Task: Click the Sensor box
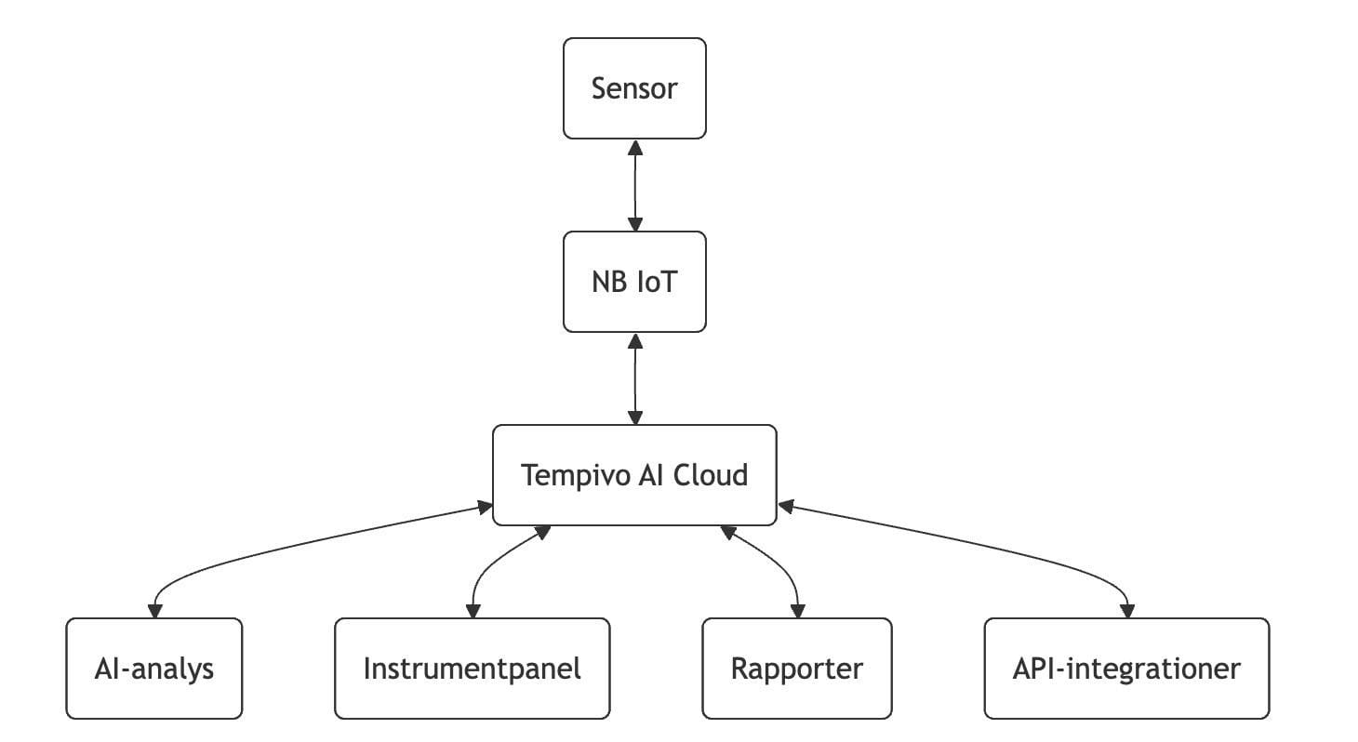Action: point(634,88)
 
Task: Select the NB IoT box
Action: point(634,282)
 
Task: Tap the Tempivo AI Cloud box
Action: point(634,475)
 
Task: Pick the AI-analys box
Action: point(154,669)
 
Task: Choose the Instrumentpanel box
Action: point(472,669)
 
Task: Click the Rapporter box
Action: point(796,669)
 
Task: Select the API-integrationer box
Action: point(1125,669)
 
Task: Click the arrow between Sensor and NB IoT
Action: point(635,185)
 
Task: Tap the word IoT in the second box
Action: point(657,282)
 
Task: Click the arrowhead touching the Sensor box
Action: point(635,147)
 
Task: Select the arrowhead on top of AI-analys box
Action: point(154,610)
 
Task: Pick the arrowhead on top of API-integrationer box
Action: point(1127,610)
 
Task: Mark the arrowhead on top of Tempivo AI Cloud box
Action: point(635,417)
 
